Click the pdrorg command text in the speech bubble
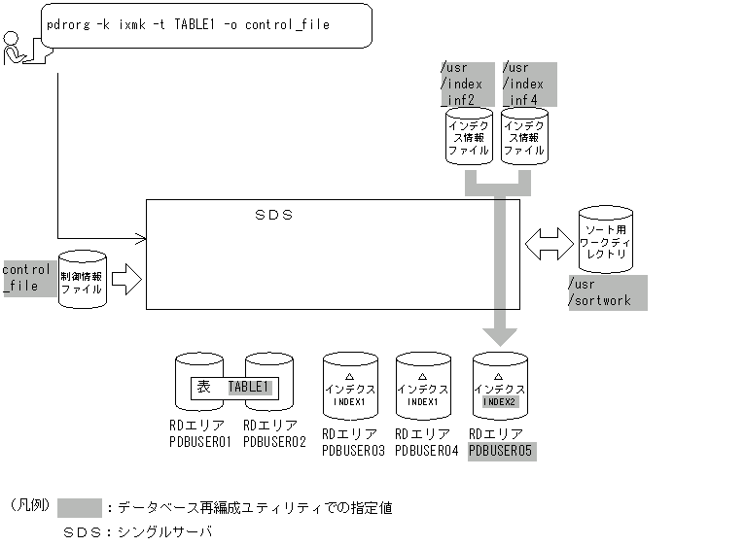pyautogui.click(x=188, y=24)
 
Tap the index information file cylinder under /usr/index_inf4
pyautogui.click(x=524, y=137)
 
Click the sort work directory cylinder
pyautogui.click(x=605, y=240)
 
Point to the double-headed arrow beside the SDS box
pyautogui.click(x=549, y=244)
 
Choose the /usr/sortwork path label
pyautogui.click(x=607, y=292)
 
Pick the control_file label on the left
pyautogui.click(x=26, y=277)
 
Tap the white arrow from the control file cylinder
pyautogui.click(x=126, y=281)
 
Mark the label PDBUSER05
pyautogui.click(x=501, y=451)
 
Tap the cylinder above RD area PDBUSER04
pyautogui.click(x=423, y=387)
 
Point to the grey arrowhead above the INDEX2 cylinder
pyautogui.click(x=501, y=336)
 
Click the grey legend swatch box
pyautogui.click(x=80, y=507)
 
